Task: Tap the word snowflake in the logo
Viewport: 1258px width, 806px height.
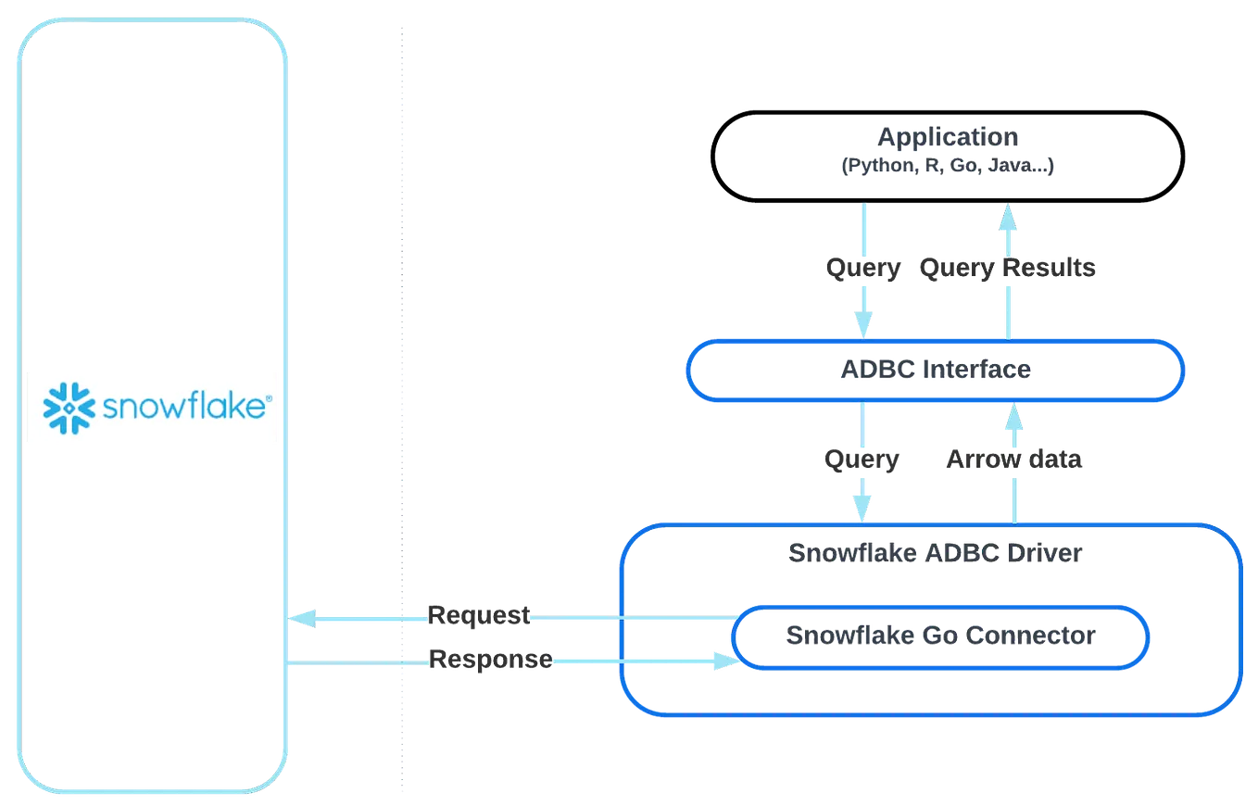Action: point(182,408)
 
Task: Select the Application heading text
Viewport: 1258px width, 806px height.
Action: point(949,137)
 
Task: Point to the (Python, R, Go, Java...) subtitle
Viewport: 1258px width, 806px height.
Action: point(949,167)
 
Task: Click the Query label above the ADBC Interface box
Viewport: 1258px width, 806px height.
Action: point(863,269)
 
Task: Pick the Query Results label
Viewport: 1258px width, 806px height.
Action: point(1010,269)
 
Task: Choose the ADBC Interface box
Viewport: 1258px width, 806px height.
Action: point(934,370)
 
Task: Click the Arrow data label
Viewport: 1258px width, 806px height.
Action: point(1015,460)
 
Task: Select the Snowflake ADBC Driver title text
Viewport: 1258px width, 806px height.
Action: point(935,553)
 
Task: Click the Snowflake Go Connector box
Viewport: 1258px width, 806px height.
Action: point(940,636)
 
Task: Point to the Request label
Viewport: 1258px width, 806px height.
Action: point(478,613)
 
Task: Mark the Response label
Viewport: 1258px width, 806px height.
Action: point(490,660)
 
